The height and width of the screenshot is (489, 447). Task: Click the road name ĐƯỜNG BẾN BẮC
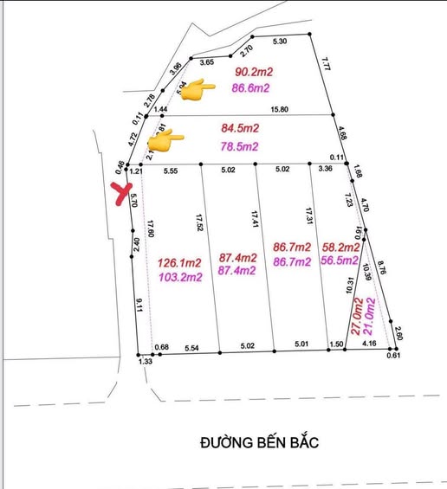259,442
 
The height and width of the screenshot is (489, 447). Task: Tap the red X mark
121,193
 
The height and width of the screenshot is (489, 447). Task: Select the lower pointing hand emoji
165,138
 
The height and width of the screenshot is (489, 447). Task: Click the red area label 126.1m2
180,262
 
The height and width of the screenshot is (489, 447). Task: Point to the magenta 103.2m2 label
180,277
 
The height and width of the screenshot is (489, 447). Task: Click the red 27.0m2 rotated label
356,318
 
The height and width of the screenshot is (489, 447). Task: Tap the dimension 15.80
280,109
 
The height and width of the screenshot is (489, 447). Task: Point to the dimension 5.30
279,41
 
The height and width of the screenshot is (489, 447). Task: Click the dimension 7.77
326,64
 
